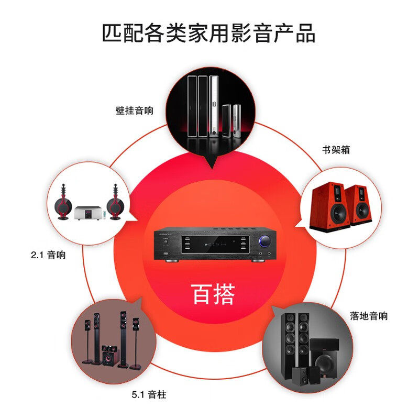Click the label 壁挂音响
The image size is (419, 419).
135,111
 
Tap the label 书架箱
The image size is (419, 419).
336,150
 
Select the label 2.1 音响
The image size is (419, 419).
48,256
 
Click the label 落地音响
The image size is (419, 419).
369,316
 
